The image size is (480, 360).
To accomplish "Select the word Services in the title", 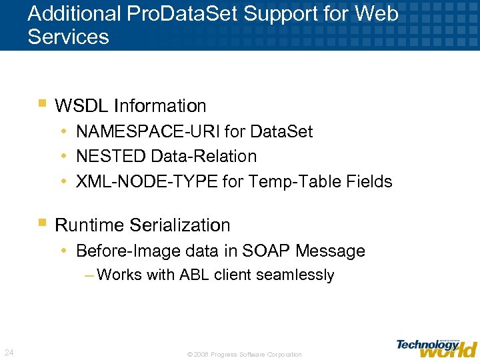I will coord(68,37).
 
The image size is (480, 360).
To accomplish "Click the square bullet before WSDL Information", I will coord(42,104).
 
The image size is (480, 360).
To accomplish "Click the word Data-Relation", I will coord(204,156).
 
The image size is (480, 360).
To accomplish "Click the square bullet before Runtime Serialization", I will coord(42,223).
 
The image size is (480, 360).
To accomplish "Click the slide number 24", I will coord(10,352).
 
